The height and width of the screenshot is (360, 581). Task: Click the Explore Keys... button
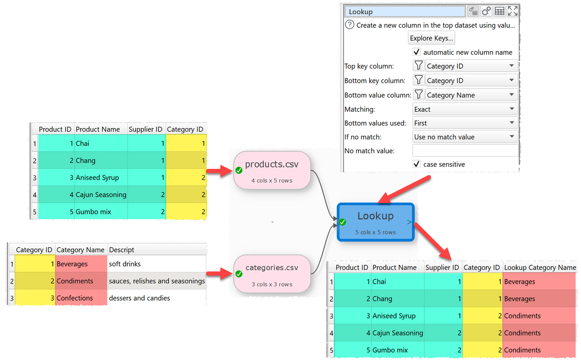tap(431, 38)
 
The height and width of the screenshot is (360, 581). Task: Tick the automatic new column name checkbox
tap(417, 52)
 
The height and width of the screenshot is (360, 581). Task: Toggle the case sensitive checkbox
tap(417, 164)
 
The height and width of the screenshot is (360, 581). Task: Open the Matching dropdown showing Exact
tap(465, 109)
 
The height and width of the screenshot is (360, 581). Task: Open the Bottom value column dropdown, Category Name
tap(471, 95)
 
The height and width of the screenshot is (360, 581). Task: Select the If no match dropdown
tap(465, 137)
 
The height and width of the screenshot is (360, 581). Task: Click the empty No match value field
tap(465, 150)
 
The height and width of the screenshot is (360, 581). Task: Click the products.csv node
tap(272, 170)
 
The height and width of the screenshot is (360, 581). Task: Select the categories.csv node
tap(272, 274)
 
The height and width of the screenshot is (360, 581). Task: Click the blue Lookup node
tap(375, 222)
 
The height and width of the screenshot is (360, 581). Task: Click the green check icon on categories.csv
tap(239, 274)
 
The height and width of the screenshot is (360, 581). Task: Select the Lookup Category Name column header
tap(540, 267)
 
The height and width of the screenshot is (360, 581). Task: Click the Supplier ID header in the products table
tap(145, 129)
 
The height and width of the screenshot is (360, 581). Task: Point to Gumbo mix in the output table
tap(390, 350)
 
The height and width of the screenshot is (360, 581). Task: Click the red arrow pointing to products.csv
tap(219, 171)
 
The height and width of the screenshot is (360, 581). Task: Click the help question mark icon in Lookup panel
tap(349, 25)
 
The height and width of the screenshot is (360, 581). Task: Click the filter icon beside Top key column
tap(419, 66)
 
